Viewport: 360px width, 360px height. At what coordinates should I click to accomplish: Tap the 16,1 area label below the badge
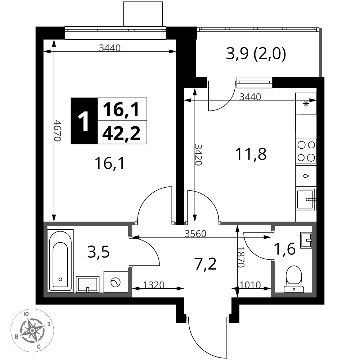pyautogui.click(x=110, y=163)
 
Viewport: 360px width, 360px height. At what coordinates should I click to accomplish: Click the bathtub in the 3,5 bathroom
pyautogui.click(x=60, y=261)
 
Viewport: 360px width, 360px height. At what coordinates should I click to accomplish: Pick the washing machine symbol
pyautogui.click(x=116, y=282)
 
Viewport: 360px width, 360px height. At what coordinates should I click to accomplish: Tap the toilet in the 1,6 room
pyautogui.click(x=294, y=279)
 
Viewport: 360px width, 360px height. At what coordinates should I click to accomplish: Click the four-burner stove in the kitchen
pyautogui.click(x=306, y=152)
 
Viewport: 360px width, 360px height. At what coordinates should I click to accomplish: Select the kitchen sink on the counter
pyautogui.click(x=306, y=199)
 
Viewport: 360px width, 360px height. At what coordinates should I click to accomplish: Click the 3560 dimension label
pyautogui.click(x=195, y=234)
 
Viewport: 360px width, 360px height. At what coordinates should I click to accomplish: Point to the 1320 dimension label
pyautogui.click(x=154, y=285)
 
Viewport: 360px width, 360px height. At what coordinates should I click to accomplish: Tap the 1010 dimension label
pyautogui.click(x=250, y=285)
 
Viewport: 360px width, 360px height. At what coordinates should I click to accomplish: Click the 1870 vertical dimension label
pyautogui.click(x=240, y=257)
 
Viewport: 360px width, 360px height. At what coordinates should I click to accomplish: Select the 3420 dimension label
pyautogui.click(x=198, y=155)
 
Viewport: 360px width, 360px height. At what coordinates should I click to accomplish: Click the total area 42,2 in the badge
pyautogui.click(x=121, y=134)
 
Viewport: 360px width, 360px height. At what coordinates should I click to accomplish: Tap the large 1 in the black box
pyautogui.click(x=84, y=121)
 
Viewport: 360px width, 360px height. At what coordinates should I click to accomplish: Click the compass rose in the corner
pyautogui.click(x=32, y=330)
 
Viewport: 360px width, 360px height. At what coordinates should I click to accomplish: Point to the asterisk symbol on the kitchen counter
pyautogui.click(x=306, y=104)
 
